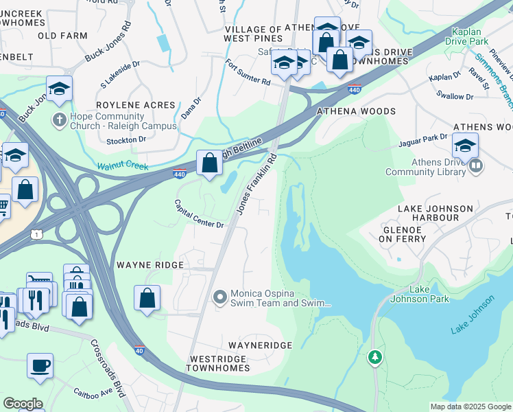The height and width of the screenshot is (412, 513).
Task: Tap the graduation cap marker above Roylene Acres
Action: pyautogui.click(x=60, y=89)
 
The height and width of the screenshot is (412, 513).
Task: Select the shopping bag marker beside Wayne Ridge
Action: pyautogui.click(x=147, y=298)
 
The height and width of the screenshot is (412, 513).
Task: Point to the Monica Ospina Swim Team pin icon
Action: pyautogui.click(x=220, y=297)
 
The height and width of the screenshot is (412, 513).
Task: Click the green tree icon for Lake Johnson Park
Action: pyautogui.click(x=374, y=356)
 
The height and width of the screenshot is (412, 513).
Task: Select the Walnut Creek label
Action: pyautogui.click(x=122, y=166)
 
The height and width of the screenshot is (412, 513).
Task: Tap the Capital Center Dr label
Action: pyautogui.click(x=199, y=215)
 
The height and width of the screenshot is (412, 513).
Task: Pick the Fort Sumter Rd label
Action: pyautogui.click(x=248, y=72)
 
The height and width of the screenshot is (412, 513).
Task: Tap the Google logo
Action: pyautogui.click(x=23, y=403)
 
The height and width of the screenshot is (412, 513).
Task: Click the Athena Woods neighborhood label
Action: pyautogui.click(x=355, y=111)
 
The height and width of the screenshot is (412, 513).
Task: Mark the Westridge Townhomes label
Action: pyautogui.click(x=219, y=363)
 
